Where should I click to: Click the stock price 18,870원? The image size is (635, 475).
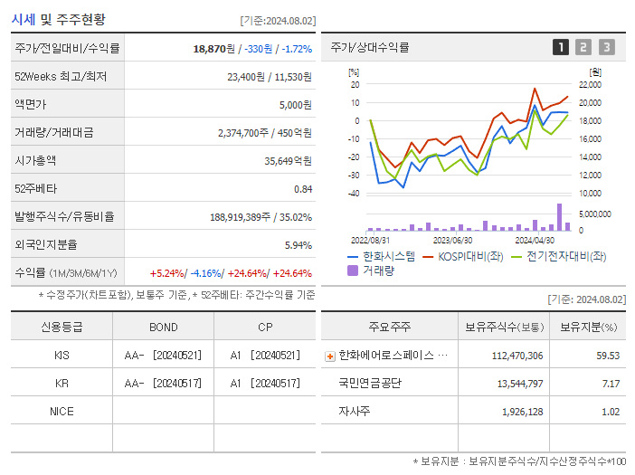[215, 48]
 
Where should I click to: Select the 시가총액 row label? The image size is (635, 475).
[35, 160]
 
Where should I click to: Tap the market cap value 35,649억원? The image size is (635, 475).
[287, 160]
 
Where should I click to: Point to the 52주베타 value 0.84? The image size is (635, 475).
[302, 188]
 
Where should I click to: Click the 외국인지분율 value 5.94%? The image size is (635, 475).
[298, 244]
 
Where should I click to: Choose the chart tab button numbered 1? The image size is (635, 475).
[561, 47]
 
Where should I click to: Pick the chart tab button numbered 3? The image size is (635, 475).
[606, 47]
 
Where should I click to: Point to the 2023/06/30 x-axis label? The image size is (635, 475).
[452, 240]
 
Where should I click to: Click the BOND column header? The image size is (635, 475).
[163, 327]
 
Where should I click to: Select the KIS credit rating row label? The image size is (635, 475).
[62, 355]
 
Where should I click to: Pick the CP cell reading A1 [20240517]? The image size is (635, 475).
[264, 383]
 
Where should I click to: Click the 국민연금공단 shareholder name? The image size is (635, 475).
[369, 383]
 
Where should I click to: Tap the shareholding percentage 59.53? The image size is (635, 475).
[608, 355]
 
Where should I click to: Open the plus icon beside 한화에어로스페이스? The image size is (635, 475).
[329, 356]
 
